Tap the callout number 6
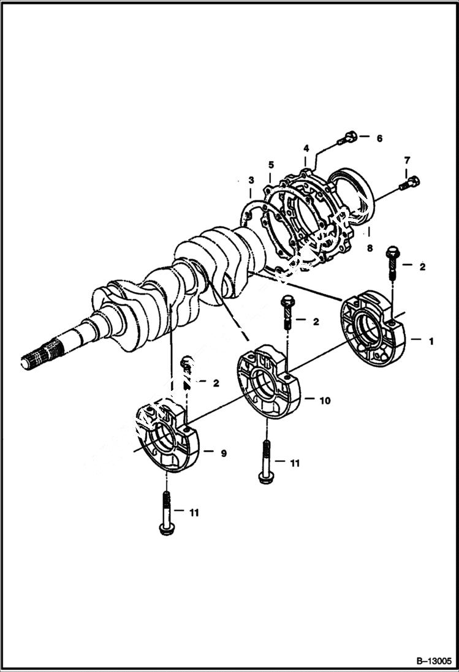pos(379,139)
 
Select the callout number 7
pos(406,160)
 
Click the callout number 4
pos(306,148)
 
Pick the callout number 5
pos(270,165)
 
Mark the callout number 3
pos(251,179)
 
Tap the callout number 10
pos(325,401)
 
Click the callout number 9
pos(224,453)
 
